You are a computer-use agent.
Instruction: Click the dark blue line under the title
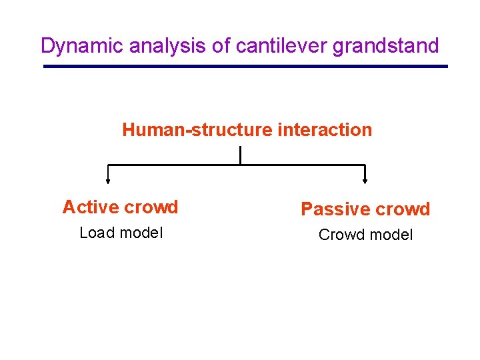[245, 66]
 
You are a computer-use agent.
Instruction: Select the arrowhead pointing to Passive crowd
[365, 179]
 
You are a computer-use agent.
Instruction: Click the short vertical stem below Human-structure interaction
[239, 155]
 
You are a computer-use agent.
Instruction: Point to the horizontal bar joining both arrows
[237, 165]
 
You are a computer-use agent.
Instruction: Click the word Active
[90, 207]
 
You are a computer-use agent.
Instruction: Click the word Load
[97, 233]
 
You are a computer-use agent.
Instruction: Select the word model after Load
[141, 233]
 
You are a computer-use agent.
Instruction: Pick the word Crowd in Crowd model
[341, 235]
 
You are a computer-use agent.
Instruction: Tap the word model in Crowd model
[391, 235]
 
